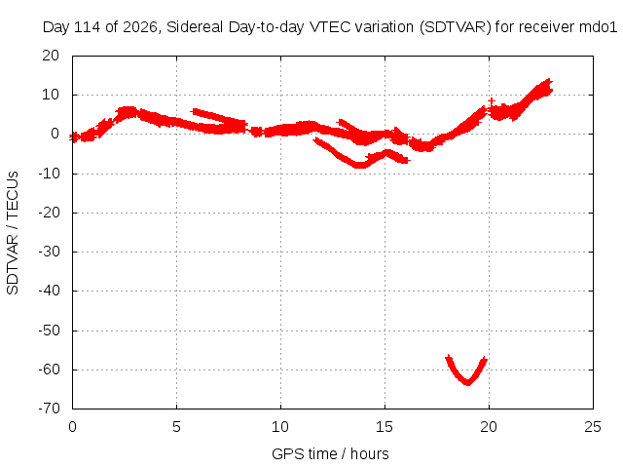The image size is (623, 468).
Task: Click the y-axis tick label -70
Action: [49, 409]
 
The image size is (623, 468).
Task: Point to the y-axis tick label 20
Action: [51, 56]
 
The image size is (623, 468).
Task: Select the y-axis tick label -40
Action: [49, 291]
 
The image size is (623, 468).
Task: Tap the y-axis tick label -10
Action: [49, 174]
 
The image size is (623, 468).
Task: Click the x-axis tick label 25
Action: [593, 427]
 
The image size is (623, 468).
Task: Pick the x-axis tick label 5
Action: [176, 427]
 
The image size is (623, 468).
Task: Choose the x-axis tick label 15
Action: [385, 427]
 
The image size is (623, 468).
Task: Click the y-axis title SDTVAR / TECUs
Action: [13, 233]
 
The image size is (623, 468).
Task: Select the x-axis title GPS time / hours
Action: [330, 453]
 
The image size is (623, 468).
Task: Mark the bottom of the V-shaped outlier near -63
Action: [468, 383]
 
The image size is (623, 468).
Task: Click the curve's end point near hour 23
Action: [550, 82]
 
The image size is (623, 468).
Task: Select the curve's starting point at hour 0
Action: [73, 137]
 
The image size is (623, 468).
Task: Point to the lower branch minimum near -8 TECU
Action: [359, 165]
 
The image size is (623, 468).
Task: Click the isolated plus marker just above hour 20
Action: [492, 101]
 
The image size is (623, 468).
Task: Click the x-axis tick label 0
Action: [72, 427]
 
